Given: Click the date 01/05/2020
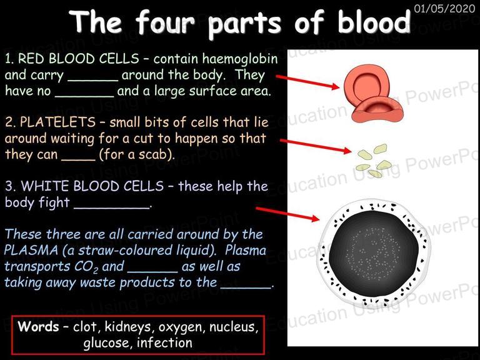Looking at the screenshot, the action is (444, 8).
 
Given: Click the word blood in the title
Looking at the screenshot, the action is (374, 22).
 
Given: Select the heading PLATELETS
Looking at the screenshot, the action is (57, 122).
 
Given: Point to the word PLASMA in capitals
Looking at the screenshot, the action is (31, 251).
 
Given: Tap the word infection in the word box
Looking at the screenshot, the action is (165, 342).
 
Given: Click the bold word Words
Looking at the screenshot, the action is (38, 326).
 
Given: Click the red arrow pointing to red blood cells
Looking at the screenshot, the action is (307, 82).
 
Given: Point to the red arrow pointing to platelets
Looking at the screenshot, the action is (316, 146).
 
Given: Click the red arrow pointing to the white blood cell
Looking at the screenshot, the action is (287, 214).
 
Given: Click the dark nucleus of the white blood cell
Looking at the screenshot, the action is (374, 254).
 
